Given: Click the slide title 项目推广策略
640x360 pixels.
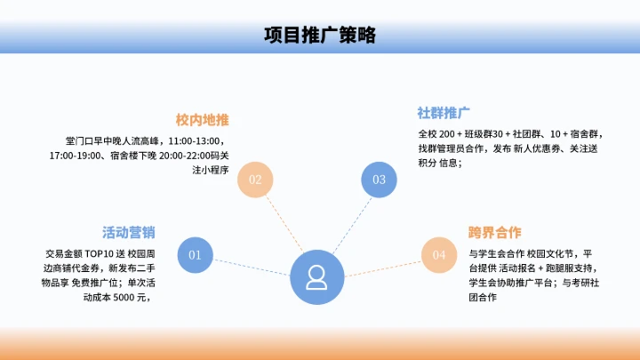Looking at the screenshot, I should tap(319, 36).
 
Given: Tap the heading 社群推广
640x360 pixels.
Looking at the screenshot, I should tap(444, 113).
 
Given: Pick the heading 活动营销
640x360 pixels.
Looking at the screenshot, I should tap(129, 233).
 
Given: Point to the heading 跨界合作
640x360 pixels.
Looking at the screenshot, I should tap(495, 233).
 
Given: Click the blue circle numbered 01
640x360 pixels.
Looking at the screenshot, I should tap(196, 255).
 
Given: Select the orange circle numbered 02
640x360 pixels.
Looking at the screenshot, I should tap(255, 180).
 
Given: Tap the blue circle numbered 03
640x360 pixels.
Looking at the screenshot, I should tap(379, 180).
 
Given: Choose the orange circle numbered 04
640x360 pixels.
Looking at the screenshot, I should tap(438, 255).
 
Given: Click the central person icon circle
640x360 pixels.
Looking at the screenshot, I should tap(316, 277).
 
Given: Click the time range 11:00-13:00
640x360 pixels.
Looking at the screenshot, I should tap(195, 141).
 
